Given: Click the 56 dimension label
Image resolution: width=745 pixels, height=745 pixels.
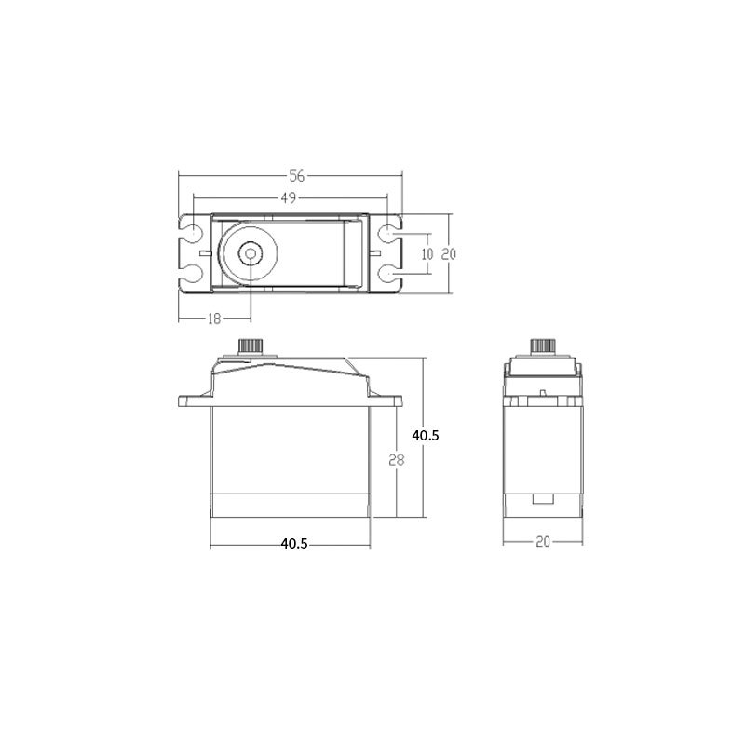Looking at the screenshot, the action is point(297,176).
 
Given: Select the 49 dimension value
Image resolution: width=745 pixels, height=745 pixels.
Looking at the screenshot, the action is point(289,197).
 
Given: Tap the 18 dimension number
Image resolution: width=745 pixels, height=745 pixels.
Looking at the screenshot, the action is point(215,318).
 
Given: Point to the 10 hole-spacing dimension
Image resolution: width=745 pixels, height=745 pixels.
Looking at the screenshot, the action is point(427,254).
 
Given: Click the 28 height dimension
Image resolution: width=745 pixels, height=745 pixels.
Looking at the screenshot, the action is point(397,460).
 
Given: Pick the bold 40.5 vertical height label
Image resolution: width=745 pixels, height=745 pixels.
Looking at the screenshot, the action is point(426,436).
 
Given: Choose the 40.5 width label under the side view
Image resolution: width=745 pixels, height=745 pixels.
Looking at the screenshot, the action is point(294,544).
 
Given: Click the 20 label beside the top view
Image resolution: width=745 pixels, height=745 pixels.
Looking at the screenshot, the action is point(449,254).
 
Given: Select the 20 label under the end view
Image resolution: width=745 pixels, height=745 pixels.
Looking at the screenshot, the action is point(543,542).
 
